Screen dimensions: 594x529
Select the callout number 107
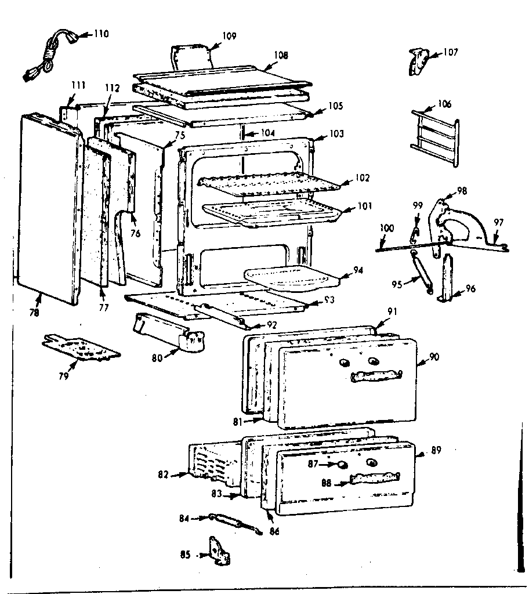click(450, 53)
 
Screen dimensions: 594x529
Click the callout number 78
click(34, 313)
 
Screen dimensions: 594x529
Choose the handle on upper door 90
click(376, 376)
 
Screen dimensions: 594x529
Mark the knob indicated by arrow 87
click(343, 464)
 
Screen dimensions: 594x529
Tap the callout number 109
click(229, 36)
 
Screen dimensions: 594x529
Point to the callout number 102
click(364, 178)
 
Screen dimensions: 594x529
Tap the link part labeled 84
click(232, 521)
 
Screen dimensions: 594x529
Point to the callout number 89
click(437, 450)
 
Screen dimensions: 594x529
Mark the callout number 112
click(112, 88)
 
